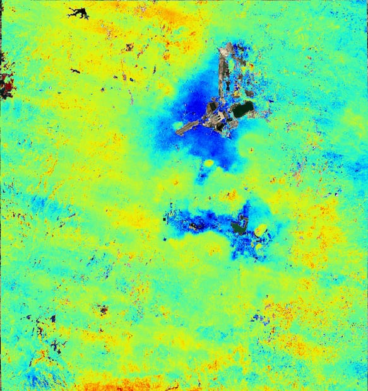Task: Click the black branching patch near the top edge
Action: (78, 12)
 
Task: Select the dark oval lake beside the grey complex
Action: (243, 109)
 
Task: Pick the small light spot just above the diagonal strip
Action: (177, 125)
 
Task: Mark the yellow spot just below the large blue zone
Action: (208, 163)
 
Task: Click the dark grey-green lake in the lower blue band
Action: (239, 226)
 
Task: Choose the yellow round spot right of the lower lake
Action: (259, 231)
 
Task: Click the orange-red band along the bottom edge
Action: (126, 383)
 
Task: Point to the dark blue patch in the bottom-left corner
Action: (35, 379)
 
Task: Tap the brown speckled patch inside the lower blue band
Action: (196, 224)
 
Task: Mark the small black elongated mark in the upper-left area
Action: (75, 71)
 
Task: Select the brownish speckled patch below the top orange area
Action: (129, 47)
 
